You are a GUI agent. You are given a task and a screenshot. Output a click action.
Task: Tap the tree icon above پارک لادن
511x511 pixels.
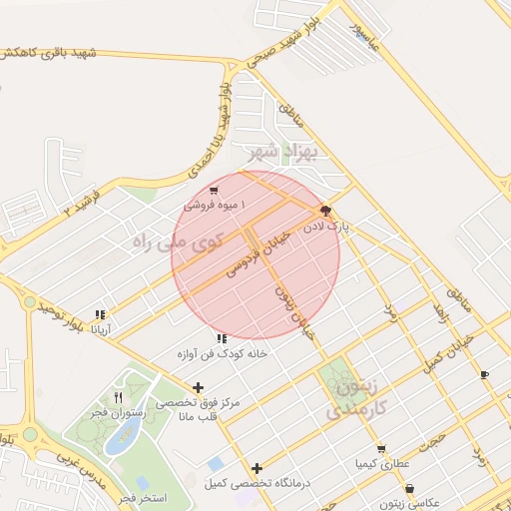[x=324, y=211]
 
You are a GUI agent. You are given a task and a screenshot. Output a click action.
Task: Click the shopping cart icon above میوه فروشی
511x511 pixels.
[x=214, y=191]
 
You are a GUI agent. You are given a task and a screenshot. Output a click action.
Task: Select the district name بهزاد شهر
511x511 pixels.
[x=279, y=154]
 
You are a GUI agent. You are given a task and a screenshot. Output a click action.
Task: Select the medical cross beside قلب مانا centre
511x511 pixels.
[x=198, y=387]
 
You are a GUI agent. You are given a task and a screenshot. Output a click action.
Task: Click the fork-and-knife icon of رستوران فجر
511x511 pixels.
[x=119, y=397]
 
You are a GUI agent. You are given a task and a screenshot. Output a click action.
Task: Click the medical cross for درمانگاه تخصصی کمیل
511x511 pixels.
[x=257, y=468]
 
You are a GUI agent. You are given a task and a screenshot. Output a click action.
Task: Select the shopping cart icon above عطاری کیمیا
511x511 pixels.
[x=379, y=449]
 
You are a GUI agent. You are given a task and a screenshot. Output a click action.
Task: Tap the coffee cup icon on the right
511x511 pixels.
[x=484, y=375]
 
